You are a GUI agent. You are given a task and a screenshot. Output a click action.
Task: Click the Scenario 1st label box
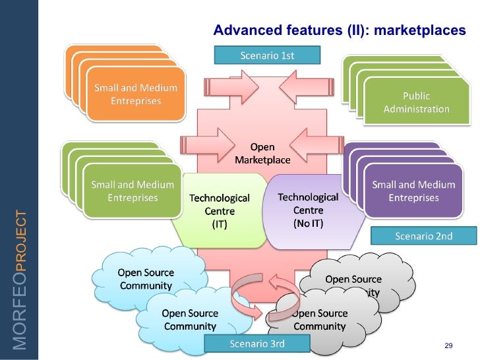[x=267, y=55]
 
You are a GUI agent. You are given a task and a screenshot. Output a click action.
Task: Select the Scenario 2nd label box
[x=423, y=236]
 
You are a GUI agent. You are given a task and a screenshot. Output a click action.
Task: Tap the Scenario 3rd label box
[x=256, y=344]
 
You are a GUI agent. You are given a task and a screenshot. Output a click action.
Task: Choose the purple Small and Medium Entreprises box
[x=413, y=191]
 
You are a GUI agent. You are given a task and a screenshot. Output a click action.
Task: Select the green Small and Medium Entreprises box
[x=133, y=191]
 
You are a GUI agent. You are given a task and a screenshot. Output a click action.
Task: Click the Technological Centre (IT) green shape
[x=220, y=210]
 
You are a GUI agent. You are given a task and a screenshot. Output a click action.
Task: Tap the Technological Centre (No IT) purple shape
[x=308, y=210]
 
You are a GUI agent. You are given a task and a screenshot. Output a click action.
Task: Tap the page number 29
[x=449, y=346]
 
